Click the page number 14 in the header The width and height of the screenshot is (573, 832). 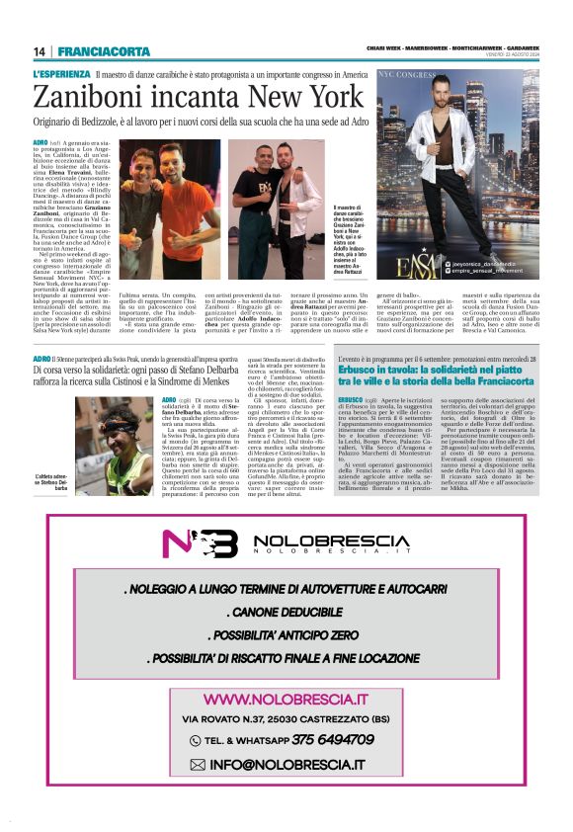click(41, 51)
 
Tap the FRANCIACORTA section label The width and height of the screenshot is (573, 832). click(104, 51)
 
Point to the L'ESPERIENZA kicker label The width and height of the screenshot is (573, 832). click(61, 74)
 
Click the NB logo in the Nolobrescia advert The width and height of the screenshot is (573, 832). click(212, 543)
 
